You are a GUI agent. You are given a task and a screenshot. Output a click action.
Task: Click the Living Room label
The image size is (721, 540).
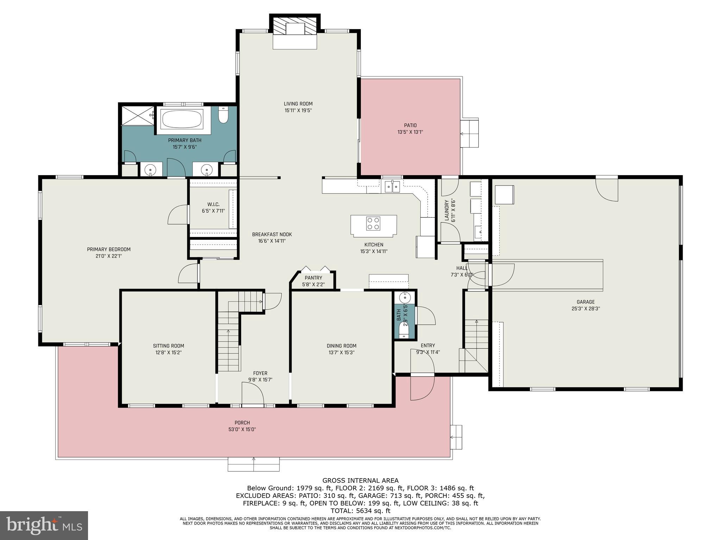pos(298,104)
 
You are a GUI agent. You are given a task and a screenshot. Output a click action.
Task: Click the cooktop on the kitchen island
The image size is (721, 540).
pos(373,223)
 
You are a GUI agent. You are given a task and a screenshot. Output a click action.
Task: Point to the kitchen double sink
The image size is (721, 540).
pos(392,186)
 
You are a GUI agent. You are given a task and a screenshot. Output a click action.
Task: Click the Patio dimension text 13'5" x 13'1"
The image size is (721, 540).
pos(410,132)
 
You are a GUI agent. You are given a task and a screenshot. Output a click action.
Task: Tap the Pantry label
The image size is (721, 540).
pos(313,278)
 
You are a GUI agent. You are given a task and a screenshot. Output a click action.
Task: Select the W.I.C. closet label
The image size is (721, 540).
pos(213,204)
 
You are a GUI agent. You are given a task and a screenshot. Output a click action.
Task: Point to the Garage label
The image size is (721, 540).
pos(585,302)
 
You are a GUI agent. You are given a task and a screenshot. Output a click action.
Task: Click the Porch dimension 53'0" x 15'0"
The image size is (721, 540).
pos(242,429)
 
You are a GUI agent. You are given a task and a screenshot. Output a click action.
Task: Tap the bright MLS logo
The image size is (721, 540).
pos(44,525)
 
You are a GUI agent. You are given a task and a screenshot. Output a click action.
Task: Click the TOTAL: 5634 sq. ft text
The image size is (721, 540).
pos(360,511)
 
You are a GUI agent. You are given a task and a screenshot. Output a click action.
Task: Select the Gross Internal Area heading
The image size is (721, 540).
pos(360,480)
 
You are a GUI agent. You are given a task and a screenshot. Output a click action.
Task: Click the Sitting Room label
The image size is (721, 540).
pos(168,346)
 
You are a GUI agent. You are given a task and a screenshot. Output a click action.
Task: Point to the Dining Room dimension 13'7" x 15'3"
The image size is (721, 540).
pos(341,352)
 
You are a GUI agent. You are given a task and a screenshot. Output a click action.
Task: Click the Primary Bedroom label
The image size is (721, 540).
pos(109,249)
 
